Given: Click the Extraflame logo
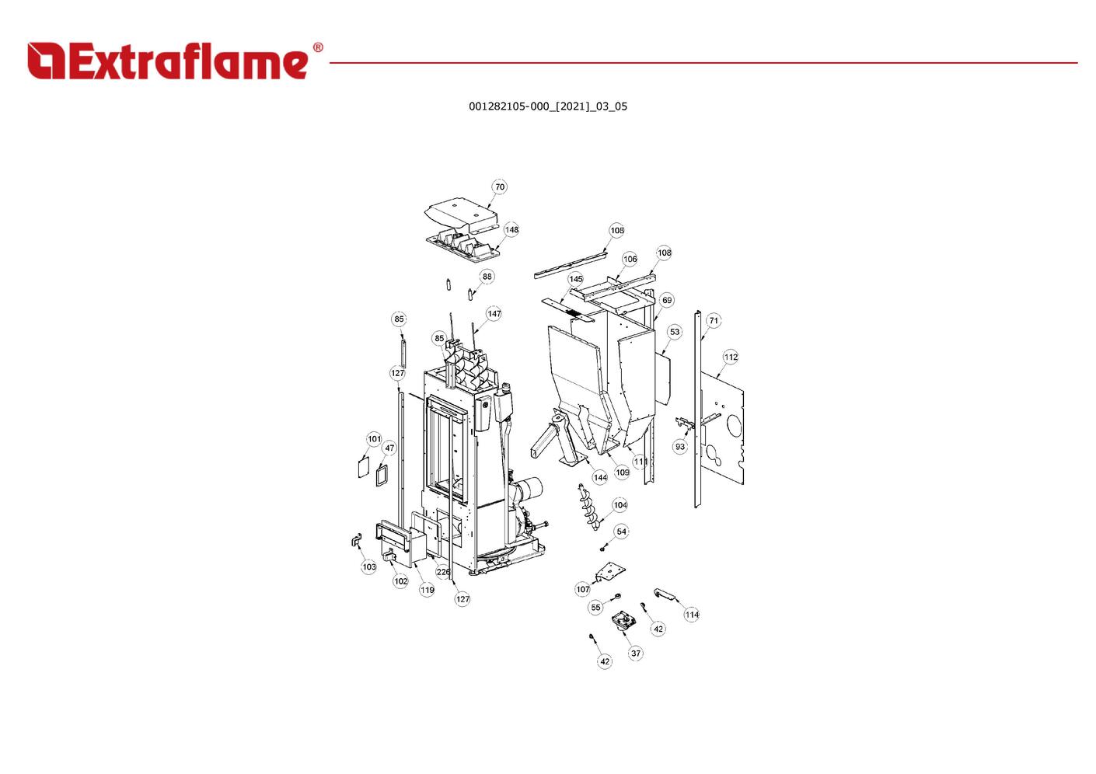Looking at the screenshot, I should [x=175, y=61].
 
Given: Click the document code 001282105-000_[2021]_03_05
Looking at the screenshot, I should [x=547, y=106].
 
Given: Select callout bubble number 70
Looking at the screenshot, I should [x=500, y=187].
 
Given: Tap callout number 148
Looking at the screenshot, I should [x=511, y=230].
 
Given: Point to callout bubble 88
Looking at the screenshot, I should [x=487, y=277].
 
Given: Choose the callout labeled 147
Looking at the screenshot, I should [x=494, y=314].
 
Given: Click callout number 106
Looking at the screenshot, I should [x=630, y=259].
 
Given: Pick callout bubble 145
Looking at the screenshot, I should [x=575, y=279].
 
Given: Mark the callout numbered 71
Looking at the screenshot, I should [x=714, y=320].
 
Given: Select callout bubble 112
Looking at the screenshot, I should [x=731, y=357].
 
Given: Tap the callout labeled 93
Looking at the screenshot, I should [x=680, y=447].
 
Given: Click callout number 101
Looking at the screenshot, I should [x=374, y=439].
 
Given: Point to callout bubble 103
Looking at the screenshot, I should [x=369, y=567].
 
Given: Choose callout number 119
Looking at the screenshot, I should [x=427, y=590].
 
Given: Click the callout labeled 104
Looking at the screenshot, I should [x=620, y=505].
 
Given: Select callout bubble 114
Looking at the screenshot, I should [x=692, y=615].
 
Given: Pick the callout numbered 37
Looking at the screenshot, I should [x=636, y=654].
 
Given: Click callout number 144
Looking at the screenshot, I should [x=600, y=477].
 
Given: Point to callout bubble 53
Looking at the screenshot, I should [x=674, y=332].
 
